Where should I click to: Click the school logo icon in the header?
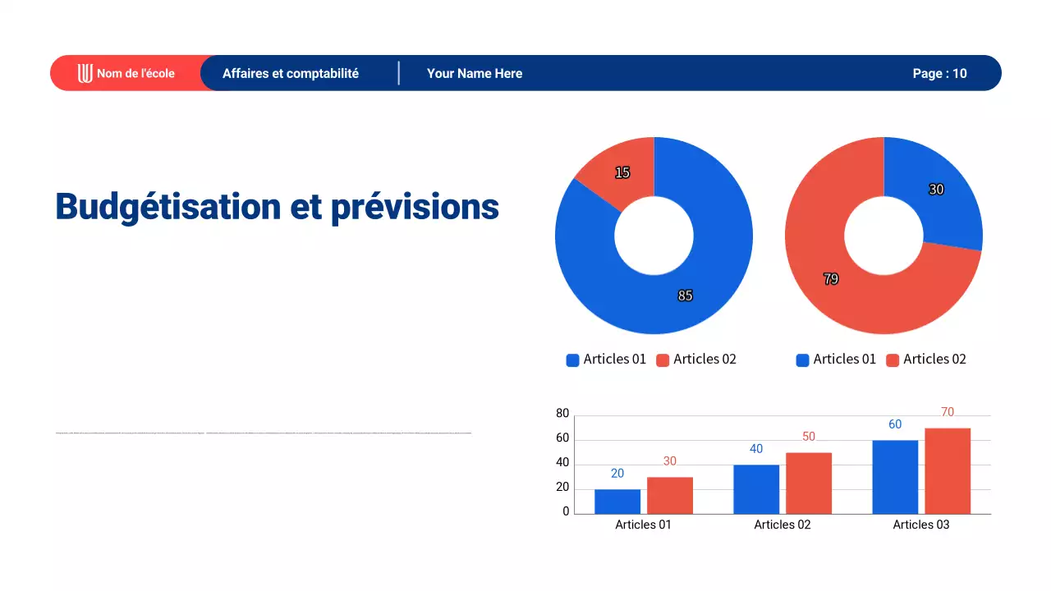[x=85, y=73]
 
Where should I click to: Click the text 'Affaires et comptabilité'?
[x=291, y=73]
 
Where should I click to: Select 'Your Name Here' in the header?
[x=475, y=73]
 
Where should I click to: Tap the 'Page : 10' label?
[x=939, y=73]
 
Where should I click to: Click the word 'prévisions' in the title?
[x=415, y=206]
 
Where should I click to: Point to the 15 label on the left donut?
[x=622, y=172]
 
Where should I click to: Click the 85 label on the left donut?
[x=685, y=295]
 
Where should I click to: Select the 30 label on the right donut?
[x=936, y=190]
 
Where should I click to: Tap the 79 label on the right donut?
[x=831, y=279]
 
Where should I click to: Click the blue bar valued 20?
[x=617, y=502]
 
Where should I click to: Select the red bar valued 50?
[x=809, y=483]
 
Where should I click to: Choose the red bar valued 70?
[x=948, y=471]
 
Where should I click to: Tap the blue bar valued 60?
[x=895, y=477]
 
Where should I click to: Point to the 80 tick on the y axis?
[x=562, y=414]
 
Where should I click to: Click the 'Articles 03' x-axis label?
[x=920, y=525]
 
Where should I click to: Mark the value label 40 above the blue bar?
[x=756, y=449]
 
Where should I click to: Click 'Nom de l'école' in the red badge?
[x=135, y=73]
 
